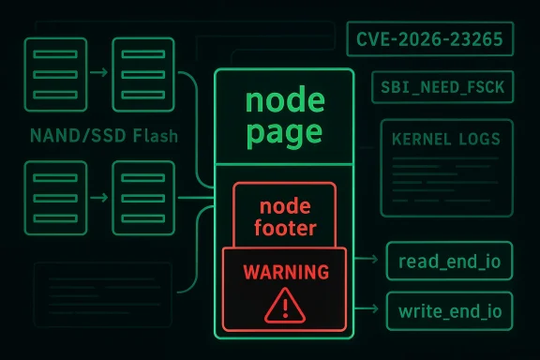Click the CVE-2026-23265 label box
(x=430, y=40)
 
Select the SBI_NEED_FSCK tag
(x=442, y=88)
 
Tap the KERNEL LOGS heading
(x=446, y=140)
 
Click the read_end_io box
(x=449, y=260)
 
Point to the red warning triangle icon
(x=284, y=304)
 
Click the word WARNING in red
(x=285, y=272)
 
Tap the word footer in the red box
(x=283, y=227)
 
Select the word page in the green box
(x=284, y=130)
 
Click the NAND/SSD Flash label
(x=103, y=136)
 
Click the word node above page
(x=284, y=99)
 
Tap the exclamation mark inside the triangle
(x=284, y=306)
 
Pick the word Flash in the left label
(x=154, y=136)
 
